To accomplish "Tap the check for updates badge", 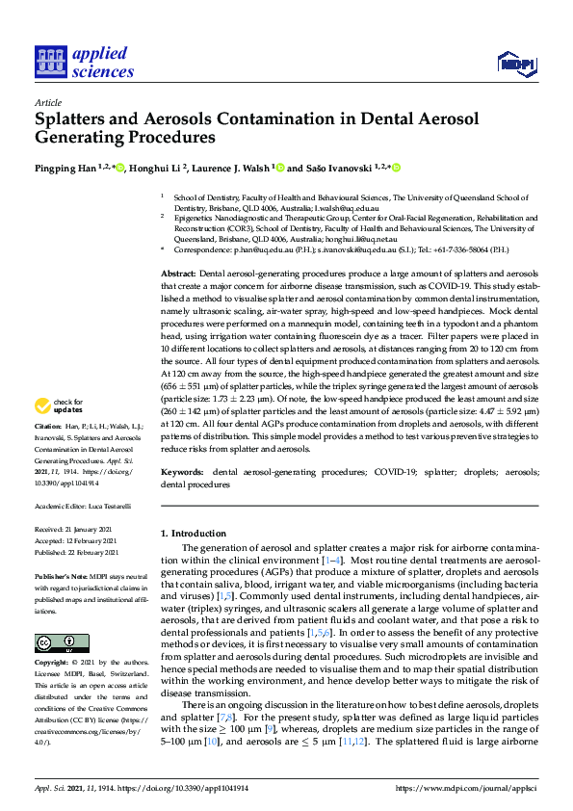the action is [x=60, y=405].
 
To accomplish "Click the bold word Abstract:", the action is [x=179, y=275].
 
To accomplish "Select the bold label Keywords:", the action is [x=182, y=473].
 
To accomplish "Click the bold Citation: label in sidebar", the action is [x=48, y=425].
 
